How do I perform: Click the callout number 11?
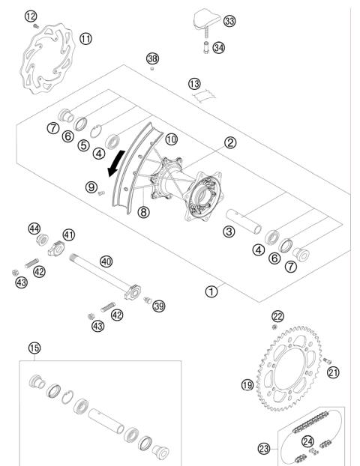tap(86, 37)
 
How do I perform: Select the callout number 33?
tap(229, 21)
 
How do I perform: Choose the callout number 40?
tap(106, 261)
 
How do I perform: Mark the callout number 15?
tap(32, 348)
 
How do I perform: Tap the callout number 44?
tap(34, 228)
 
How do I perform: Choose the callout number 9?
tap(91, 187)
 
